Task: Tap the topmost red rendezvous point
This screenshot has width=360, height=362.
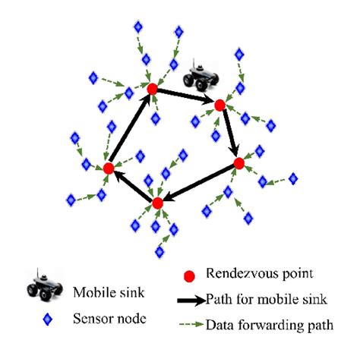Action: point(152,90)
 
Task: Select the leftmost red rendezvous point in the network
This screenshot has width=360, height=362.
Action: point(109,168)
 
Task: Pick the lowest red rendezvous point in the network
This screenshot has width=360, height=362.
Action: point(158,203)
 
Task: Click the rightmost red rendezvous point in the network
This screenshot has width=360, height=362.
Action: point(238,163)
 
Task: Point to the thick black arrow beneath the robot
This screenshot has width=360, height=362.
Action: point(186,97)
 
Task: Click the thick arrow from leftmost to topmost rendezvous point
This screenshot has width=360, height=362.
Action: point(131,128)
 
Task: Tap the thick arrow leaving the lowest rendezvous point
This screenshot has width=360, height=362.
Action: point(133,185)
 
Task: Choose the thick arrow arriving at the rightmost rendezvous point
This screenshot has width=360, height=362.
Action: point(229,134)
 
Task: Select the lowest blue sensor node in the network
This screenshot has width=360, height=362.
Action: point(159,251)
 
